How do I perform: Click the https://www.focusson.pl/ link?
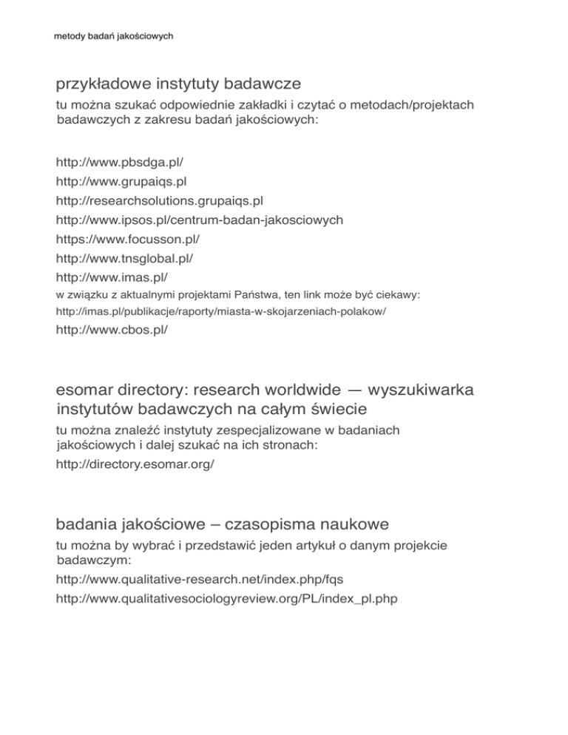(x=129, y=240)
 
